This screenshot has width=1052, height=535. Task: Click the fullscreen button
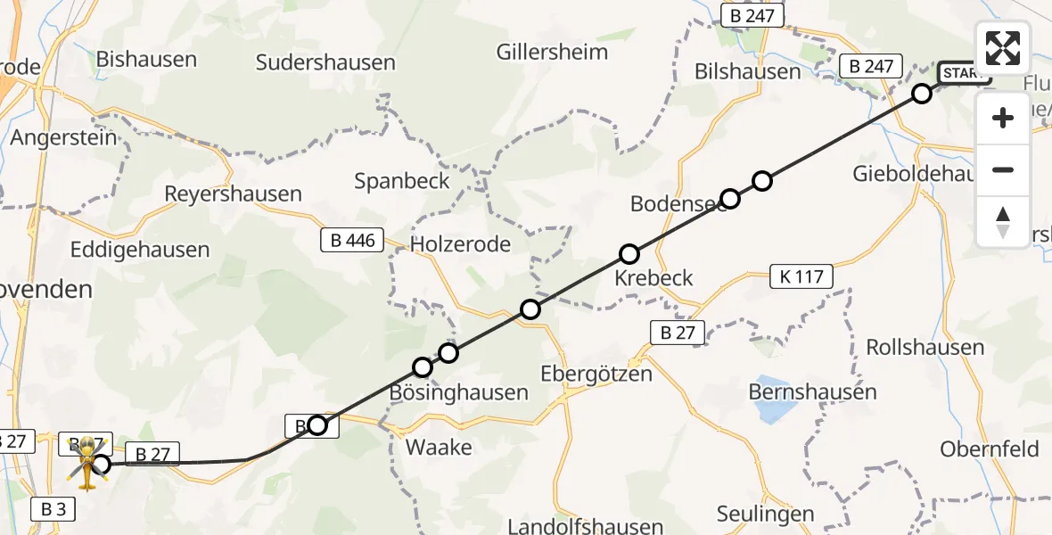(x=1003, y=48)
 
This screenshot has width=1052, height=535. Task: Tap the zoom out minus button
(x=1003, y=169)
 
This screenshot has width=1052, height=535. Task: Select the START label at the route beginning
(x=964, y=74)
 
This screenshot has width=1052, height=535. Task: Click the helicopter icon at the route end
(x=87, y=463)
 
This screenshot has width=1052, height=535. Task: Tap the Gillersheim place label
(x=554, y=52)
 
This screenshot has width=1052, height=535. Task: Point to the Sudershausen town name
(x=325, y=62)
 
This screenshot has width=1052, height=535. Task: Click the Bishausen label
(x=146, y=60)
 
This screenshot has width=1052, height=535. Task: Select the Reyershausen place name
(x=234, y=193)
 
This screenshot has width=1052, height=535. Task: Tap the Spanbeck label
(x=402, y=180)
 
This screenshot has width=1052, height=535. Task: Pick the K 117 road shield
(x=802, y=277)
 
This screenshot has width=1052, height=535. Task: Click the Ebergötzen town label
(x=596, y=373)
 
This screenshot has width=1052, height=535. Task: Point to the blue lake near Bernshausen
(x=773, y=410)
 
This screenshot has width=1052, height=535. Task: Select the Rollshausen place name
(x=925, y=347)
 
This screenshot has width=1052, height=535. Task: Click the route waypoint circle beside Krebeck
(x=629, y=254)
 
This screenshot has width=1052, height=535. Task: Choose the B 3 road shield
(x=53, y=510)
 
